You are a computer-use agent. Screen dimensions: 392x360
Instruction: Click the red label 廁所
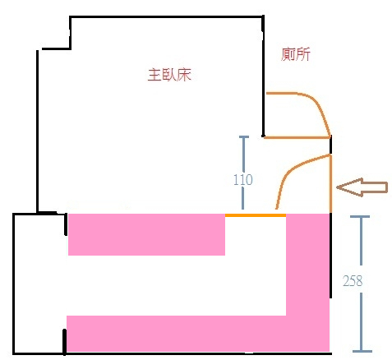point(296,54)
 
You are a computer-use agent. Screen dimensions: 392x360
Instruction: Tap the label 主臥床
point(169,75)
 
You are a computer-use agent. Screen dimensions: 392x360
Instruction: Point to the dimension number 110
point(243,180)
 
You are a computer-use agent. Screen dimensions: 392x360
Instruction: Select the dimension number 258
point(353,280)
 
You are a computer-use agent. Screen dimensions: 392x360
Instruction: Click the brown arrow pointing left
point(362,187)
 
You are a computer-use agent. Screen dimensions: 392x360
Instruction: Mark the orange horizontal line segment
point(256,215)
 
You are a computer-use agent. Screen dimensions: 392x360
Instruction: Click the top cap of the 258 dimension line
point(360,217)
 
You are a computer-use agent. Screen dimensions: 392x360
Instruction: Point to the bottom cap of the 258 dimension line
point(362,351)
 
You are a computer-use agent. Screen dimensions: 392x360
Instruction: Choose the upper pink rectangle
point(146,234)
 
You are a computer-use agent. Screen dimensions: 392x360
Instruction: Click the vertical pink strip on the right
point(307,265)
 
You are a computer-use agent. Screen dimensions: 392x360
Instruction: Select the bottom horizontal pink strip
point(198,334)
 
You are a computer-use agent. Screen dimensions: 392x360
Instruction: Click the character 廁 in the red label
point(288,54)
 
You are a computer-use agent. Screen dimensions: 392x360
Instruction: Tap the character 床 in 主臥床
point(183,75)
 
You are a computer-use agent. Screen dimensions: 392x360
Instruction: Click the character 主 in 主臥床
point(154,75)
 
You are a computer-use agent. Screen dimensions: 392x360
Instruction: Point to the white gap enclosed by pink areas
point(177,285)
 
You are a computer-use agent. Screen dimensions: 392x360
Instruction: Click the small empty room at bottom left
point(39,284)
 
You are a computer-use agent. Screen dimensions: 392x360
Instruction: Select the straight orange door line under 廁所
point(297,137)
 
